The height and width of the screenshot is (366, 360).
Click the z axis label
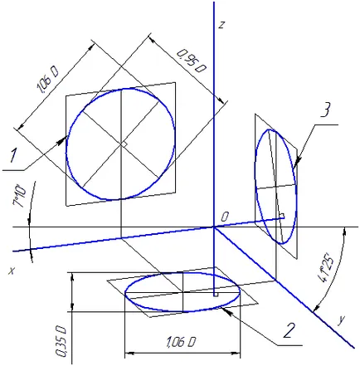click(x=221, y=25)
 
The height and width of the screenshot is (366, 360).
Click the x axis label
click(x=12, y=271)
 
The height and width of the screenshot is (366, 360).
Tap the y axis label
click(x=342, y=320)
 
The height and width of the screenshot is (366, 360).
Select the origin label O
click(x=225, y=217)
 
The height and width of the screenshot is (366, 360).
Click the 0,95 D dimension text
click(x=192, y=61)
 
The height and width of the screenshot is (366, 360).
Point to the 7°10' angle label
click(x=19, y=196)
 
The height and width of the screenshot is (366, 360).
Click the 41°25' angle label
click(x=327, y=267)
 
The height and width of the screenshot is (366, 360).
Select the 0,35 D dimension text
click(x=61, y=342)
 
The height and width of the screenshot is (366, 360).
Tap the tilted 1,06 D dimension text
click(x=47, y=80)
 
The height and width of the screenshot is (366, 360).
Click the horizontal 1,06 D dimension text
click(x=181, y=343)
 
